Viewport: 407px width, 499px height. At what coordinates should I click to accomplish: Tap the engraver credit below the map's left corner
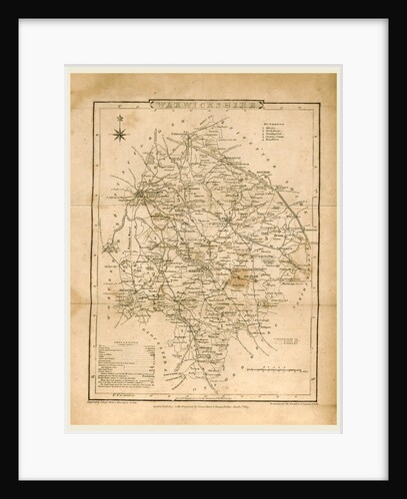coord(126,385)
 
